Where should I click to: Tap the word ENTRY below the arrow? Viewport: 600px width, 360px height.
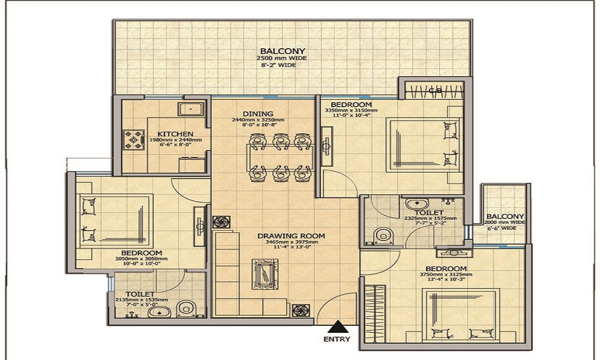pos(337,340)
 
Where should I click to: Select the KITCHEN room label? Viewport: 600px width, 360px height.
pos(175,133)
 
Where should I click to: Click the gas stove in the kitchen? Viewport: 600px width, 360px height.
pos(131,140)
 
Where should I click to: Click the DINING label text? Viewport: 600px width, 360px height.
pos(258,113)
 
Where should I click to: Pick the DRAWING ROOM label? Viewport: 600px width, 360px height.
pos(291,236)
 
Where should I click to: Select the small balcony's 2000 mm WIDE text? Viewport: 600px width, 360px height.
pos(505,222)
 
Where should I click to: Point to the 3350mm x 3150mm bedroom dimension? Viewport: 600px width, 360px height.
pos(354,110)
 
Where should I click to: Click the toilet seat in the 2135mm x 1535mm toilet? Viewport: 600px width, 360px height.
pos(186,308)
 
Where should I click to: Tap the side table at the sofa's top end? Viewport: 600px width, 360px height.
pos(221,221)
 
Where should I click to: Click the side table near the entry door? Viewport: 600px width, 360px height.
pos(300,310)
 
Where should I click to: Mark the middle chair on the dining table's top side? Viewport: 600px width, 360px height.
pos(280,142)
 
